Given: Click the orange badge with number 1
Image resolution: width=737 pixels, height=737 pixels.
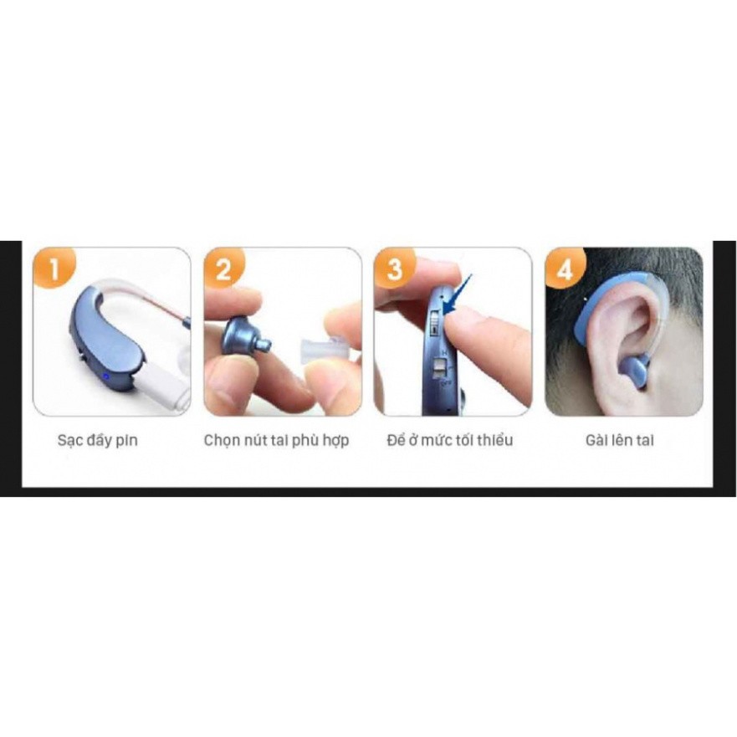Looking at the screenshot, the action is tap(54, 268).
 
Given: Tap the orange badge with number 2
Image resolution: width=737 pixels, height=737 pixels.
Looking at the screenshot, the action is tap(223, 268).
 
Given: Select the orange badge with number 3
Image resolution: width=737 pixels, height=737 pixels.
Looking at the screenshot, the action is tap(394, 268).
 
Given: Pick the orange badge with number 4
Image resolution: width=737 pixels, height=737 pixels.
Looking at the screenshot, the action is tap(565, 268).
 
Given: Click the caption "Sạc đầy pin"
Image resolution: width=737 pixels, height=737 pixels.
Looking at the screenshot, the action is tap(98, 441).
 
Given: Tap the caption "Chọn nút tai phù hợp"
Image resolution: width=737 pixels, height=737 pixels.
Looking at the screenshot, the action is tap(276, 441).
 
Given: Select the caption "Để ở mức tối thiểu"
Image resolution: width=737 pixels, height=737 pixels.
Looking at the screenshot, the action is tap(450, 440).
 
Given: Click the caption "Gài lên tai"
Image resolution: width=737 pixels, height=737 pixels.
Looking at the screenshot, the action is tap(620, 440).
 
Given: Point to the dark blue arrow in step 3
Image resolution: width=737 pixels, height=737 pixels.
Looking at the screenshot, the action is tap(458, 294).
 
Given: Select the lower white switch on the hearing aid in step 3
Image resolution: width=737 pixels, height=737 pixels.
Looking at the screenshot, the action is tap(440, 366).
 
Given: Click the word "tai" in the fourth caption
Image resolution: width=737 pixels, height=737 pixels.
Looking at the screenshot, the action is tap(644, 440).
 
